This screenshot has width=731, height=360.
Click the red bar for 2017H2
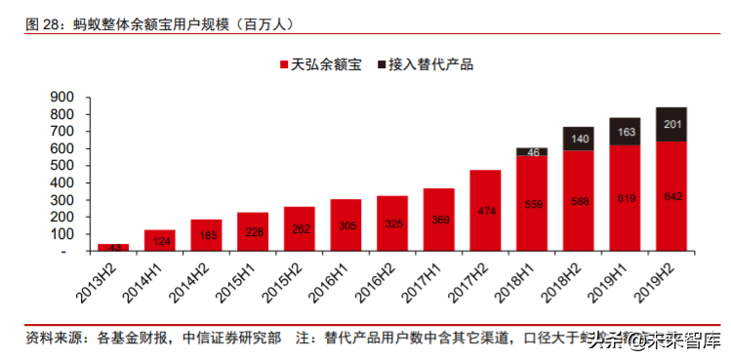click(485, 211)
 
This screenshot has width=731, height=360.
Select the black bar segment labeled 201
click(670, 125)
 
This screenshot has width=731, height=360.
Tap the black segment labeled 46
click(532, 152)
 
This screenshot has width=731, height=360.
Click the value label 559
click(532, 205)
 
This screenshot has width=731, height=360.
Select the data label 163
click(625, 132)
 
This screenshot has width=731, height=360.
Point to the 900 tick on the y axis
click(62, 97)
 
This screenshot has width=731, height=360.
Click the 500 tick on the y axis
click(62, 166)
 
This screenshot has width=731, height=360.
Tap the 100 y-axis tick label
click(62, 234)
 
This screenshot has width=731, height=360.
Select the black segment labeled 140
click(578, 139)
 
